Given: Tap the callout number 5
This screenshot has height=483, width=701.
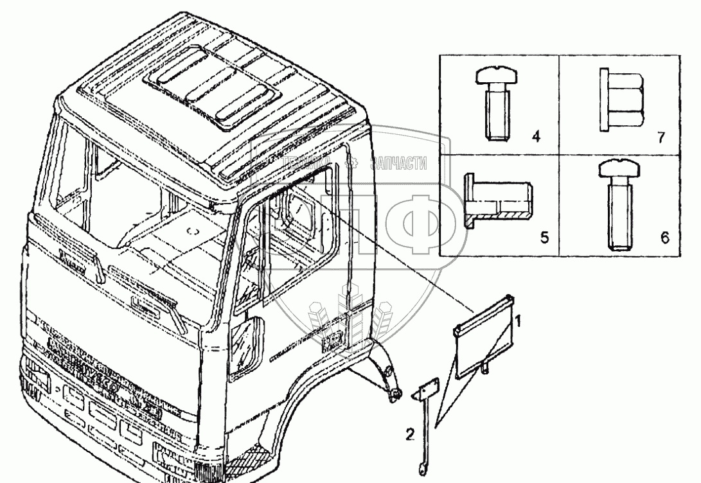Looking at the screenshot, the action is [544, 238].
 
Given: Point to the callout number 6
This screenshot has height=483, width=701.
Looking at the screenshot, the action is [664, 238].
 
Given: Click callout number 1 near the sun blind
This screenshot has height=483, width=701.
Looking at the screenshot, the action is [524, 318].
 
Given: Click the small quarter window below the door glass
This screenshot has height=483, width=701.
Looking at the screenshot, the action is [247, 347].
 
